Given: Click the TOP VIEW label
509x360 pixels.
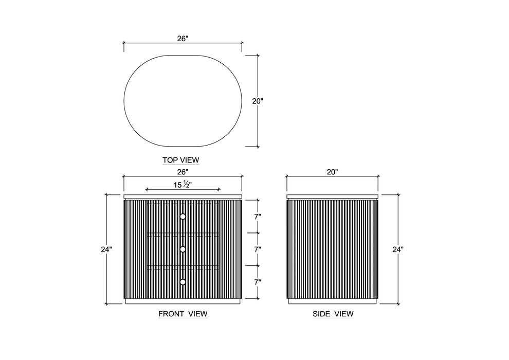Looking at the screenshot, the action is tap(181, 160).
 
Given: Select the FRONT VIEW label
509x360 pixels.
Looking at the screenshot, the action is tap(183, 314).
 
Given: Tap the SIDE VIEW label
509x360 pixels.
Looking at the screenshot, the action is tap(333, 314).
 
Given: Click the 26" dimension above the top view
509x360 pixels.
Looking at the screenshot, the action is tap(183, 39).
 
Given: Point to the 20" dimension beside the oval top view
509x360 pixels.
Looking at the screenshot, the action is tap(258, 101).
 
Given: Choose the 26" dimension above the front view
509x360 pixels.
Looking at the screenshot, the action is tap(183, 172).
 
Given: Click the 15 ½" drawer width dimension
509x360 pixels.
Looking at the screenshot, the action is tap(183, 185).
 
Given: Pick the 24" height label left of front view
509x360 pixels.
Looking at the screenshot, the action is tap(106, 249).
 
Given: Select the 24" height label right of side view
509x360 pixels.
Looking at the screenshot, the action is tap(398, 249).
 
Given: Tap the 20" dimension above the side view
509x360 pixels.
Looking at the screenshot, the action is tap(333, 172).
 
